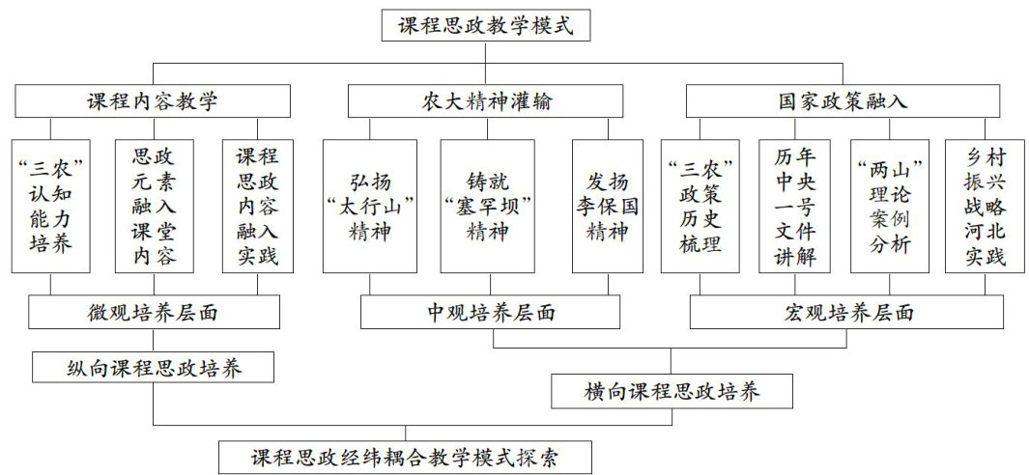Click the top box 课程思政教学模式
pyautogui.click(x=493, y=25)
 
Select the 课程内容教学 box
pyautogui.click(x=153, y=101)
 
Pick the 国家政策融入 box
pyautogui.click(x=843, y=101)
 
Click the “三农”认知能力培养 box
pyautogui.click(x=50, y=206)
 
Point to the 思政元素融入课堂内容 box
pyautogui.click(x=153, y=206)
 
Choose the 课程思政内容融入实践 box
pyautogui.click(x=257, y=206)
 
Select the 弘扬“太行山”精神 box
pyautogui.click(x=370, y=206)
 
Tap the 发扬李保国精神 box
pyautogui.click(x=607, y=206)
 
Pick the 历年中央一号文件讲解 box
pyautogui.click(x=793, y=206)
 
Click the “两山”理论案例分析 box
pyautogui.click(x=889, y=206)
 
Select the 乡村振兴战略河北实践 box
pyautogui.click(x=986, y=206)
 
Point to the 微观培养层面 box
pyautogui.click(x=155, y=312)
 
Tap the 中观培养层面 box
pyautogui.click(x=491, y=312)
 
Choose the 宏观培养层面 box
pyautogui.click(x=846, y=312)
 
